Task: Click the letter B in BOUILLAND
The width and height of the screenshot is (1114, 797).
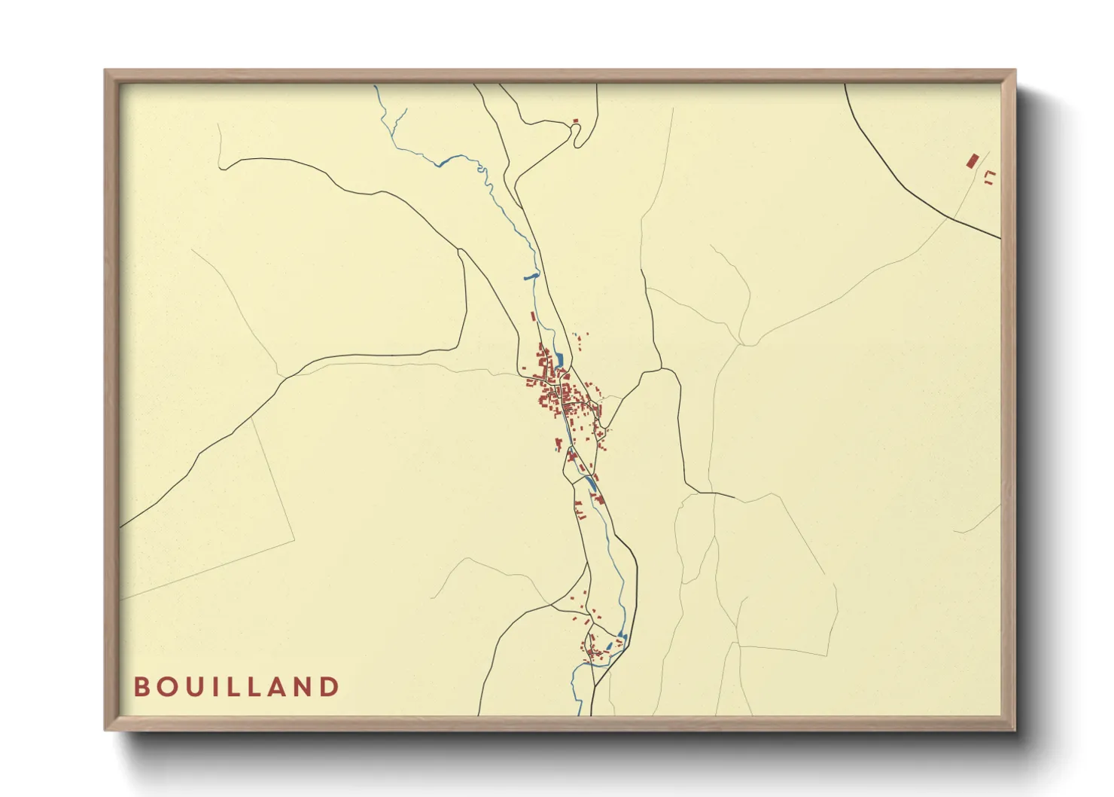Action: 140,686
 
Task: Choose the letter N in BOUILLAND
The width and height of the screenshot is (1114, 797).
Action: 313,686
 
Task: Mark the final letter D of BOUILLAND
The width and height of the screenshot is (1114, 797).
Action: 331,686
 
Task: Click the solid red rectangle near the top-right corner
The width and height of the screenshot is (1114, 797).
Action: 972,160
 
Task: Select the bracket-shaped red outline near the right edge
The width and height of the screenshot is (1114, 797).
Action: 990,176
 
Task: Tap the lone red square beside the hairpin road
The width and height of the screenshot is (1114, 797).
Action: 575,121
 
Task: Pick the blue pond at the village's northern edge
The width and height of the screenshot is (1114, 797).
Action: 559,359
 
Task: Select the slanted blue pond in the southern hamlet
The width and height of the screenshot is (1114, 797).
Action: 609,646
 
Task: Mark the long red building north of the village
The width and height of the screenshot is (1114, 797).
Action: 534,317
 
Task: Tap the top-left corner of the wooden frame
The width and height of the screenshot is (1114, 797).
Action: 105,71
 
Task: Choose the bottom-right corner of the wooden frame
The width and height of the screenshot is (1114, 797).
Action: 1015,729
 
